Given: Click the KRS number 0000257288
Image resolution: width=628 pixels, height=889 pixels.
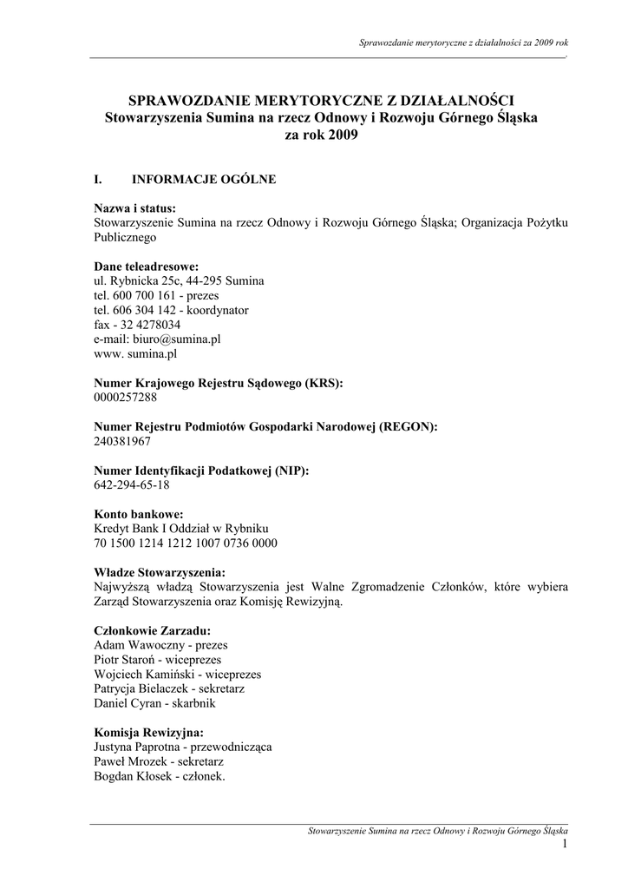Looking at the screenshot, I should point(125,397).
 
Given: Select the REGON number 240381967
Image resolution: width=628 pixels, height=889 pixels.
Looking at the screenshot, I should point(122,441).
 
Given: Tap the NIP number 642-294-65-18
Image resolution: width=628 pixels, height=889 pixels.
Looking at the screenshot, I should point(131,485).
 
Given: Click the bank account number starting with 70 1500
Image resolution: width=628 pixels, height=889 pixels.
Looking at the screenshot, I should point(186,543).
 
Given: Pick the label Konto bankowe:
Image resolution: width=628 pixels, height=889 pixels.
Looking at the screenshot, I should point(138,514).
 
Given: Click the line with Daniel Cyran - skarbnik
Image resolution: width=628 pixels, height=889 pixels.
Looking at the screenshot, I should point(154,703).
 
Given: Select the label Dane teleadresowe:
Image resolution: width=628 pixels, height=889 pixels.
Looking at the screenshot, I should point(146,266).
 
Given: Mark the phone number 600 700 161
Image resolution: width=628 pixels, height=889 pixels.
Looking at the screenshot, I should point(144,295).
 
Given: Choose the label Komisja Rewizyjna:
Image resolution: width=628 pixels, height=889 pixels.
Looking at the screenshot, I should point(148,732).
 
